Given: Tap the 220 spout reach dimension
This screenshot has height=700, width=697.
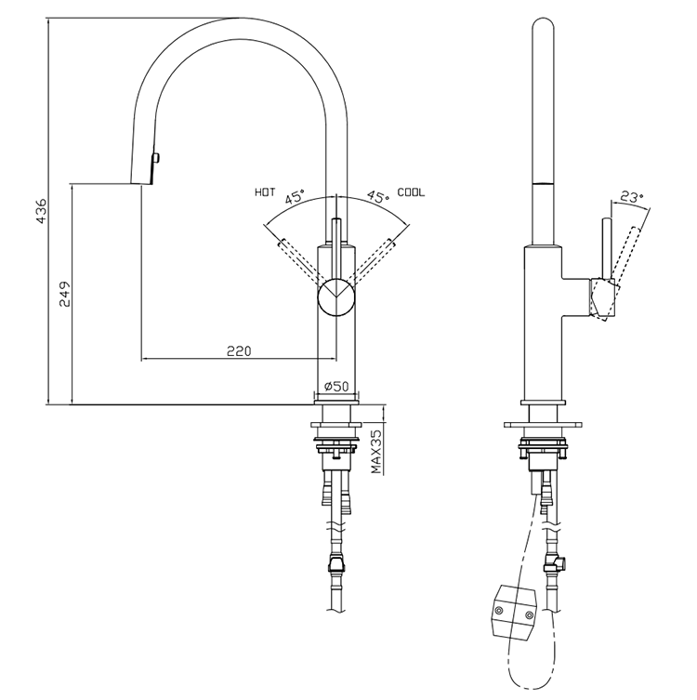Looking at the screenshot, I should click(x=239, y=350).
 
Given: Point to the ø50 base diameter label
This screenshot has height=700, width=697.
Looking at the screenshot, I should click(x=335, y=386).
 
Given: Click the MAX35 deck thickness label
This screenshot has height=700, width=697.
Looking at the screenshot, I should click(x=376, y=451).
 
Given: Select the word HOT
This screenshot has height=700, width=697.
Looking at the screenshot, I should click(x=265, y=192).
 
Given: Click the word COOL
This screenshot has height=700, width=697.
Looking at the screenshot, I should click(x=411, y=192).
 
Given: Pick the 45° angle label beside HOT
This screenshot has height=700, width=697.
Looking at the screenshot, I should click(x=296, y=197).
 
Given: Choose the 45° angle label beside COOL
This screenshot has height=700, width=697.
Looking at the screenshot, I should click(x=376, y=197).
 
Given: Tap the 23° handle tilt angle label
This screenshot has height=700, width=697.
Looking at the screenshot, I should click(x=632, y=196).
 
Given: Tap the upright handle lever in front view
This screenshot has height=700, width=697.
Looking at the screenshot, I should click(x=335, y=232).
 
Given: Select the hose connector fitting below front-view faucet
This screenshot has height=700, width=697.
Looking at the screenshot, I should click(x=335, y=564).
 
